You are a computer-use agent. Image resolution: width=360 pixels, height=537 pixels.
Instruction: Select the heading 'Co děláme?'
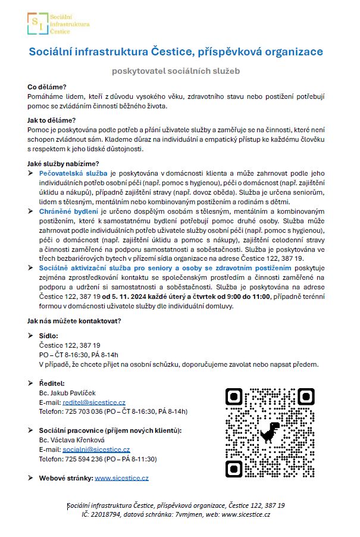[x=47, y=87]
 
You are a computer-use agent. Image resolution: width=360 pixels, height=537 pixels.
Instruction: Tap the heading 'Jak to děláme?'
[x=52, y=120]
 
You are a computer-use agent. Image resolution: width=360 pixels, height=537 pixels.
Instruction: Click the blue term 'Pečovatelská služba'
[x=73, y=171]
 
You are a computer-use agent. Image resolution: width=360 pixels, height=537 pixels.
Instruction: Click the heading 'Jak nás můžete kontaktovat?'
[x=74, y=321]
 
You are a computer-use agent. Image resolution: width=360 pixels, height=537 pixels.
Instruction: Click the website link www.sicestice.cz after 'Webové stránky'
[x=121, y=477]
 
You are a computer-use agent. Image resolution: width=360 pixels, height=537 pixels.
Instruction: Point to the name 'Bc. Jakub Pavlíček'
[x=67, y=393]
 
